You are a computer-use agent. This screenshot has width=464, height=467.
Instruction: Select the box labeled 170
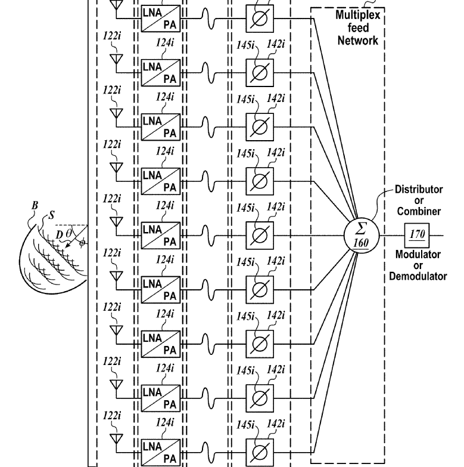[x=417, y=235]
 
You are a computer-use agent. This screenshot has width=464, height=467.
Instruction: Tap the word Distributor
[x=419, y=190]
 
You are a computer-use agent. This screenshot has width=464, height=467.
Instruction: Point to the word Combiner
[x=419, y=211]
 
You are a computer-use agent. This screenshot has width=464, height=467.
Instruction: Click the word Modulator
[x=418, y=254]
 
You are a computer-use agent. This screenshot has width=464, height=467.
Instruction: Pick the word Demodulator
[x=418, y=276]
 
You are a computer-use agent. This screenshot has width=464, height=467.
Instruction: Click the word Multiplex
[x=358, y=15]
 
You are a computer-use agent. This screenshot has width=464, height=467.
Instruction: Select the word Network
[x=358, y=40]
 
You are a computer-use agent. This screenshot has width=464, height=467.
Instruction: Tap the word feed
[x=358, y=27]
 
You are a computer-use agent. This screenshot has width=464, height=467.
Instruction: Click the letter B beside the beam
[x=35, y=205]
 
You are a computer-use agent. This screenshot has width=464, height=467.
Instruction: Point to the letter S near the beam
[x=52, y=215]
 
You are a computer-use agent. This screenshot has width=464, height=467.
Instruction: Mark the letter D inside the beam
[x=60, y=234]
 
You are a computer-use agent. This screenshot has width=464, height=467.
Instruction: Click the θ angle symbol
[x=68, y=233]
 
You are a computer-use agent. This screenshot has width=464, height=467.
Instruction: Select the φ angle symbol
[x=82, y=243]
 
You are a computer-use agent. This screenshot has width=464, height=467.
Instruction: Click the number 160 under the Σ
[x=361, y=243]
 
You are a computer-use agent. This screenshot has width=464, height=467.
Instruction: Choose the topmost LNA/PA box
[x=161, y=18]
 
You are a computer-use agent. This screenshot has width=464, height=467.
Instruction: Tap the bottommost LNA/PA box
[x=161, y=453]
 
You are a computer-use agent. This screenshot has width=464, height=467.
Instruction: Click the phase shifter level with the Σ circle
[x=260, y=236]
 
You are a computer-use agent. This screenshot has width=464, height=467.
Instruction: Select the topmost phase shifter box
[x=260, y=18]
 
